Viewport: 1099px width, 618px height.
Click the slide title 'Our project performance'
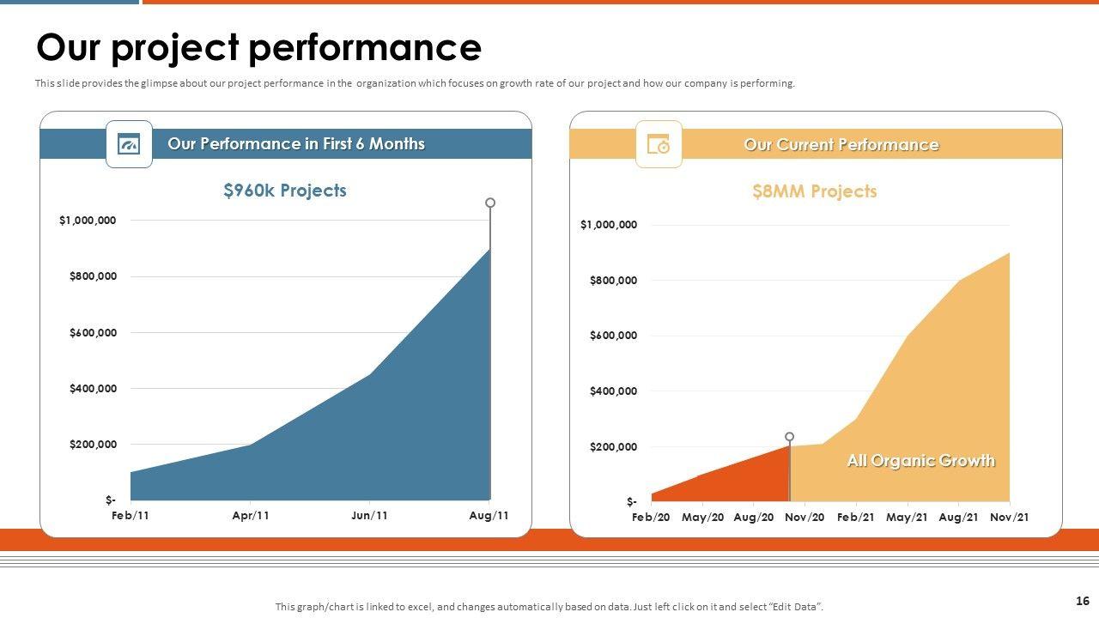pos(258,48)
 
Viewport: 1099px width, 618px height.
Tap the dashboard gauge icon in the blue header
pos(129,144)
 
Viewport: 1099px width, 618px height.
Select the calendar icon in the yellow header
pos(659,144)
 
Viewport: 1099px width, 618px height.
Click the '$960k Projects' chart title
pos(285,191)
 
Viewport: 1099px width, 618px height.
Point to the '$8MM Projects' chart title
pos(814,191)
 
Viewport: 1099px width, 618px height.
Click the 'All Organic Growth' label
pos(920,461)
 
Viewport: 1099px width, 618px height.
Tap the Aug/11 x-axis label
pos(489,516)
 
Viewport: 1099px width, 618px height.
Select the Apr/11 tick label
pos(251,516)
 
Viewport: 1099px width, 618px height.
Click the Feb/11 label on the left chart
pos(131,516)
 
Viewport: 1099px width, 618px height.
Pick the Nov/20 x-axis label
pos(805,517)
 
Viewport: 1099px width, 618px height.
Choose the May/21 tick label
pos(907,517)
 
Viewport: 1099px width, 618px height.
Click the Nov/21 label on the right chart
pos(1009,517)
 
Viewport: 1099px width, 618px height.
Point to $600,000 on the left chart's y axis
pos(93,332)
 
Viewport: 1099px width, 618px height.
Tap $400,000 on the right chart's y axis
pos(613,391)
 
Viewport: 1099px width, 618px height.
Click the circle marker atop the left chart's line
pos(490,203)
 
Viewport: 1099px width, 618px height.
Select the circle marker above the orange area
pos(790,437)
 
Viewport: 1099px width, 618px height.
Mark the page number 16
pos(1082,601)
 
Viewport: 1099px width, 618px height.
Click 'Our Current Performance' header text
pos(841,144)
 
